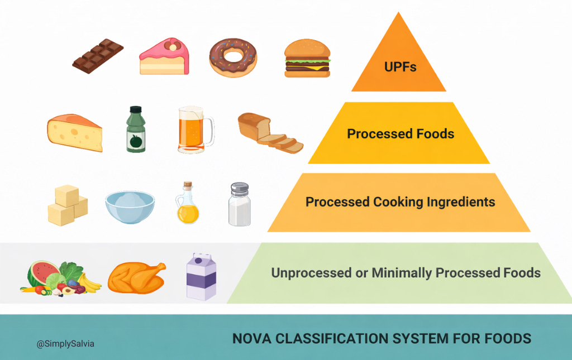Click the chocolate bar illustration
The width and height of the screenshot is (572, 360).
[98, 56]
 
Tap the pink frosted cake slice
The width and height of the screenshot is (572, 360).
[164, 56]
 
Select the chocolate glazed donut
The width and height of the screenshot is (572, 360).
[233, 57]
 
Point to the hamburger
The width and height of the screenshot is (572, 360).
[307, 58]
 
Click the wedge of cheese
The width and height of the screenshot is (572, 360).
[75, 133]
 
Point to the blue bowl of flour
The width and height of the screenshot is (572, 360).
[130, 207]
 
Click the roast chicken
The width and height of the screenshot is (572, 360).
[136, 276]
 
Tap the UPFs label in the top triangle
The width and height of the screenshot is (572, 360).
[401, 67]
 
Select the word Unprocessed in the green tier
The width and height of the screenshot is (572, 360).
[306, 273]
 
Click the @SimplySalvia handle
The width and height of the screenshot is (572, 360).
[65, 344]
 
